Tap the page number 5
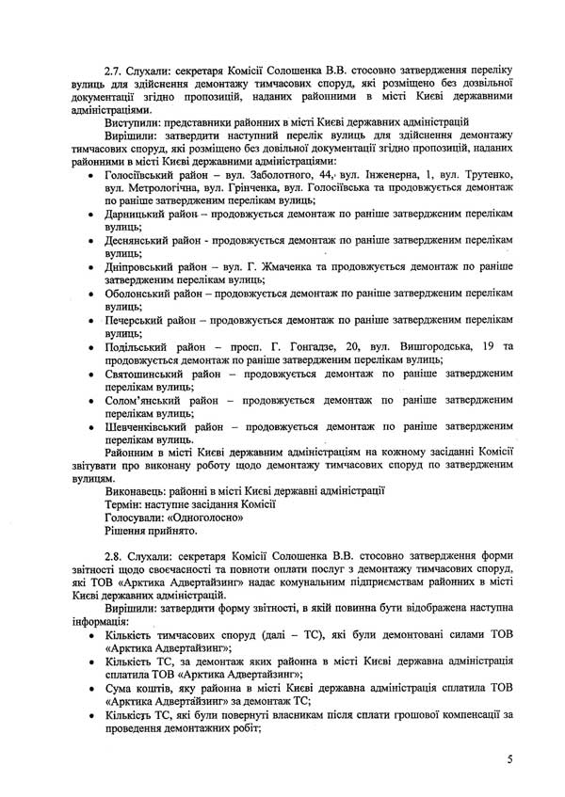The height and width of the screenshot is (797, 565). pos(509,761)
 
